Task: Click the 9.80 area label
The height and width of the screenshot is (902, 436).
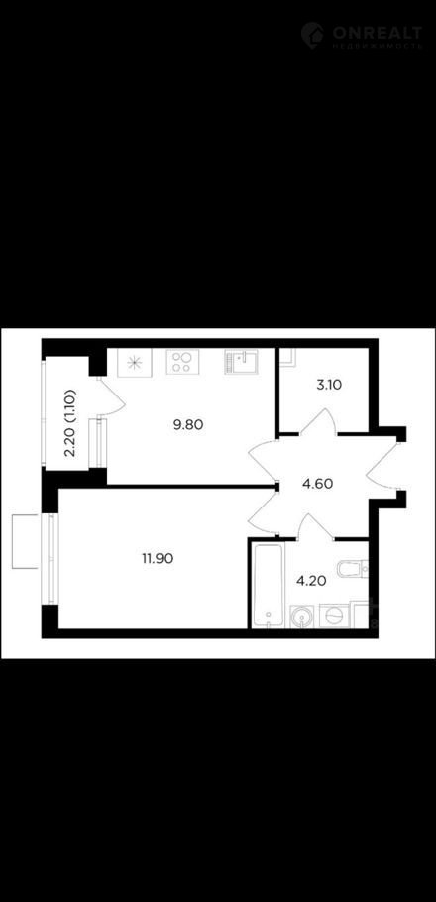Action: click(x=189, y=425)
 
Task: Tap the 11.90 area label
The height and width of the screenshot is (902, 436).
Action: click(x=159, y=557)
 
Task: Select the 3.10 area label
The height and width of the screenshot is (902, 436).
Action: click(x=329, y=385)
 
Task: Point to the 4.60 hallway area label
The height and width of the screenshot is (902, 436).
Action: click(x=317, y=484)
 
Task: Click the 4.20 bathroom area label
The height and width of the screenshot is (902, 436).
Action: click(x=311, y=581)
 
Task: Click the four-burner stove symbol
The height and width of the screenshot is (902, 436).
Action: click(x=183, y=363)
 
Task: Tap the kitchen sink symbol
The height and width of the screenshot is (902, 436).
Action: click(x=241, y=362)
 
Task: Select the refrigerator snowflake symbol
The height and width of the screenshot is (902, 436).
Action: click(x=135, y=363)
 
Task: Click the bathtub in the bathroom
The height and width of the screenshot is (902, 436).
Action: click(x=269, y=585)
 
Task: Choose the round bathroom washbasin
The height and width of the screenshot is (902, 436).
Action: click(x=302, y=617)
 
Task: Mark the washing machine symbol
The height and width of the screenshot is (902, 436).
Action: click(x=334, y=617)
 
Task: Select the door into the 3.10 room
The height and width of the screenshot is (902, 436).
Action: click(x=317, y=421)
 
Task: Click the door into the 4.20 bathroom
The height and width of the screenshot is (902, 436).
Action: click(x=315, y=527)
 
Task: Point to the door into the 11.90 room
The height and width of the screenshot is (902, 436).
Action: click(x=263, y=513)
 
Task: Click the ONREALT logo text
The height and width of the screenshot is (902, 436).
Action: click(x=377, y=32)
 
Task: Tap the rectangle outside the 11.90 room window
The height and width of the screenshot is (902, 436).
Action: click(x=26, y=542)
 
